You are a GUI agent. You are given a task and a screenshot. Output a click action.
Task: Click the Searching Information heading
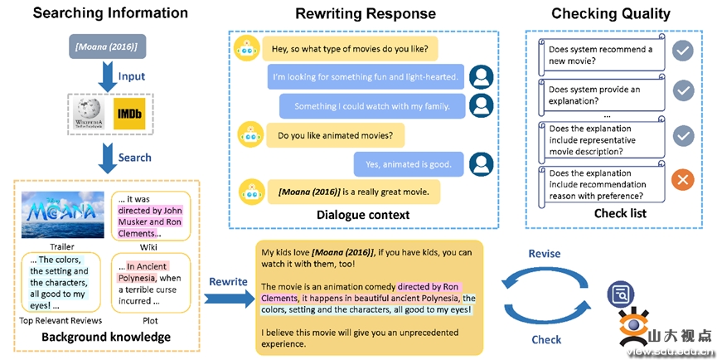[x=98, y=13]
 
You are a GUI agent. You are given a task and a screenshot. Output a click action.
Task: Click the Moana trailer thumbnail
[x=58, y=212]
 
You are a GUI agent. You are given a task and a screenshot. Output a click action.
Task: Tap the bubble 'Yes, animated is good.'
[x=408, y=163]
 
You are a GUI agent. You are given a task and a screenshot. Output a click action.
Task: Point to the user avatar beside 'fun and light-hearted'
[x=481, y=77]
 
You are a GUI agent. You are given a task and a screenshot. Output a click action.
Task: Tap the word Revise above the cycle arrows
[x=544, y=254]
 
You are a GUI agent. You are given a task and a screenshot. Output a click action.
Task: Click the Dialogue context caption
[x=363, y=215]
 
